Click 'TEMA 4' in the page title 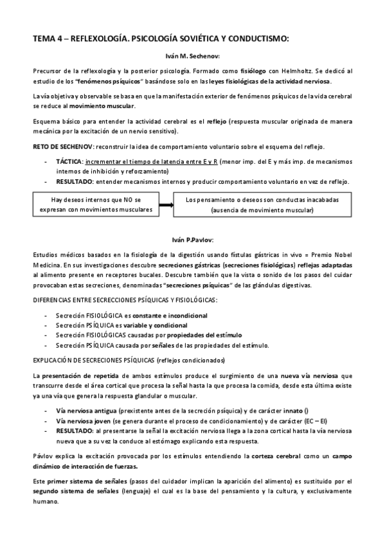pos(48,38)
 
